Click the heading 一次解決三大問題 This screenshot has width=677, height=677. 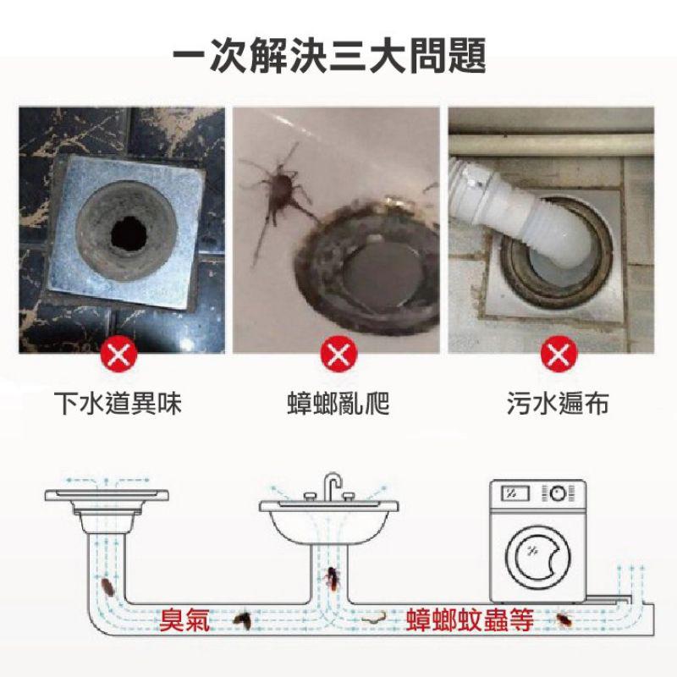(x=329, y=57)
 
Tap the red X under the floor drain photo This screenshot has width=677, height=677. (x=119, y=353)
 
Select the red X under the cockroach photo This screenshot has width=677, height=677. (x=338, y=353)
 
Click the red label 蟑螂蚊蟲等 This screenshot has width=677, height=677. (x=469, y=622)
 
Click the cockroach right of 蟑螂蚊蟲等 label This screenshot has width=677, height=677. (x=565, y=624)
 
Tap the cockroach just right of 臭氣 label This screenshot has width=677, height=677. (x=243, y=621)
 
